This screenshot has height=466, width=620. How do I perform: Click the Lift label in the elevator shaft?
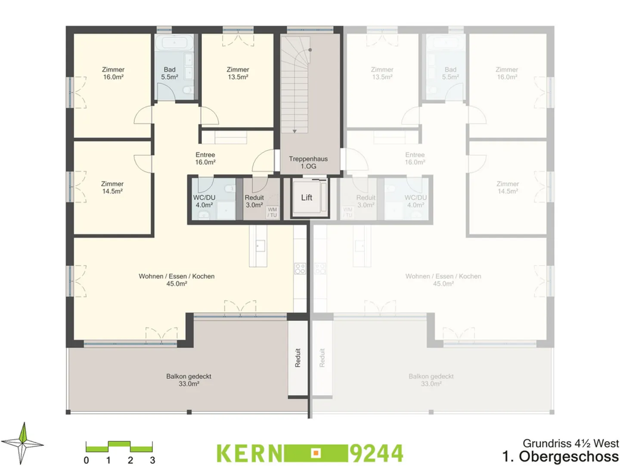307,198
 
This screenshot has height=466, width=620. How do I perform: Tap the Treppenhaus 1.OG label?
308,163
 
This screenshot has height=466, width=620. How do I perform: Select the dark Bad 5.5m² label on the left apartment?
170,73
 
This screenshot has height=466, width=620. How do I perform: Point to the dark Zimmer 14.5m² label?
112,188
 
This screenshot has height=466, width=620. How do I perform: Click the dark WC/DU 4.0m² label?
204,201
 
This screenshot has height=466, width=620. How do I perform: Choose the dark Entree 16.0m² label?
205,158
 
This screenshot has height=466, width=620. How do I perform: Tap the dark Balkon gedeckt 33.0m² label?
189,380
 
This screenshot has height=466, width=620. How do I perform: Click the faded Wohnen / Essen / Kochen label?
443,280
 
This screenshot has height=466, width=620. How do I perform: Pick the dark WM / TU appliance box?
272,212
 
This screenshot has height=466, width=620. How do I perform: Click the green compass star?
23,443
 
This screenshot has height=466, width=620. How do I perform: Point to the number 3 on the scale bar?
152,460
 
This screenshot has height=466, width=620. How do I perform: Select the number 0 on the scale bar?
86,460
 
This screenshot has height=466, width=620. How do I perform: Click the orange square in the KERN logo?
316,453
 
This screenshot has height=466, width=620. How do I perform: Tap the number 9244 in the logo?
376,453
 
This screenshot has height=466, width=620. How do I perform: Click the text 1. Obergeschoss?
560,456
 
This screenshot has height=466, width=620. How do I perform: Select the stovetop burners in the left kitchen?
300,269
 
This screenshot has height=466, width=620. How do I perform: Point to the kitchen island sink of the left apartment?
260,246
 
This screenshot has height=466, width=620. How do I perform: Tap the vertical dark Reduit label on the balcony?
298,358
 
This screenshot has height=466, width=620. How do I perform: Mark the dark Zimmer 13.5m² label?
238,73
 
